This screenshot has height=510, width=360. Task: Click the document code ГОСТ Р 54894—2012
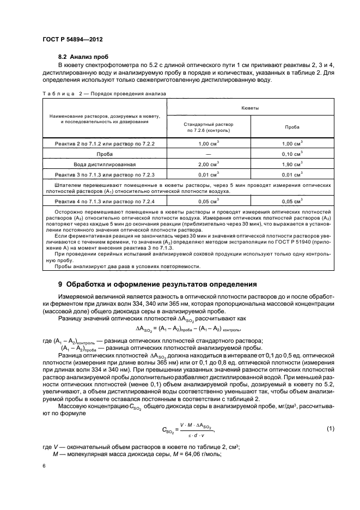pos(72,40)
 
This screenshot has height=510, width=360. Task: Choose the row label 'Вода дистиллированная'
pos(105,163)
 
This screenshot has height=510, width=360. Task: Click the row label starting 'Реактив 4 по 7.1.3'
pos(105,201)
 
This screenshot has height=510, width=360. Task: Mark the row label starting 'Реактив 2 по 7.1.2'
pos(105,143)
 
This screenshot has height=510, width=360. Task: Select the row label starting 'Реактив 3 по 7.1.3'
pos(105,174)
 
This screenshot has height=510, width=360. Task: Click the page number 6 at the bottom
pos(44,466)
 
